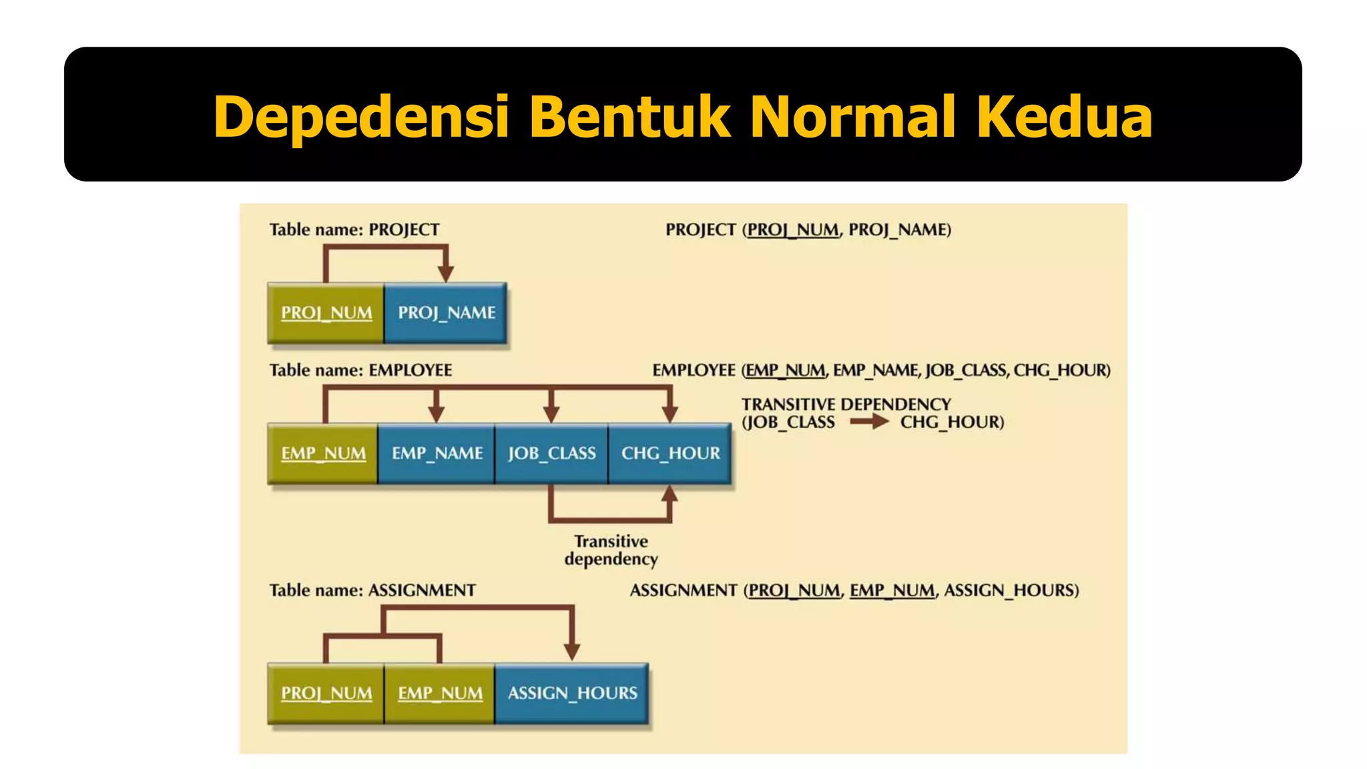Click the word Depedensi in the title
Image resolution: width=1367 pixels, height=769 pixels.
click(361, 117)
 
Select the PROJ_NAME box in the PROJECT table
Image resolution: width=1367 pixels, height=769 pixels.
click(446, 313)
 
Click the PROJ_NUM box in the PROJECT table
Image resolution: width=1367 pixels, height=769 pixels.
click(326, 313)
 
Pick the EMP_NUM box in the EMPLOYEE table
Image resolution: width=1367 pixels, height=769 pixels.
click(323, 453)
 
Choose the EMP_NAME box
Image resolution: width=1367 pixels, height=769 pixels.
click(437, 453)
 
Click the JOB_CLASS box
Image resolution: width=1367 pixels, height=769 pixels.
click(551, 453)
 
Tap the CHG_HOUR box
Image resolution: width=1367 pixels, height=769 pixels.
click(670, 453)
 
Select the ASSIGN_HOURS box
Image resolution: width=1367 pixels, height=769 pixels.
click(572, 693)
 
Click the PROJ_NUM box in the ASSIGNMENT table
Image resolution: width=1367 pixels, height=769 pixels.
click(326, 693)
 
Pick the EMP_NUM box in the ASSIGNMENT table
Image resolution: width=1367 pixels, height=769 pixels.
click(440, 693)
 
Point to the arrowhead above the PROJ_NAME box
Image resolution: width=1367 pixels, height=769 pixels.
click(446, 272)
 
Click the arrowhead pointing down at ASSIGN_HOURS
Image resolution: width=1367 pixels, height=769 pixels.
click(572, 652)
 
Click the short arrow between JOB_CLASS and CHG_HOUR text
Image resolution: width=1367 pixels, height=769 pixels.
click(868, 422)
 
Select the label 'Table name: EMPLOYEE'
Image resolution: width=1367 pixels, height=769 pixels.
click(360, 370)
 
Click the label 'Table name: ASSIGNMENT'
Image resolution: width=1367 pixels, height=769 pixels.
click(372, 591)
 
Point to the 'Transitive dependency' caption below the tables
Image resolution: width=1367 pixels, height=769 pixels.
click(611, 550)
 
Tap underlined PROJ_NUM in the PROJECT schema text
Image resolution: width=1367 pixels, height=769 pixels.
click(792, 230)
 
